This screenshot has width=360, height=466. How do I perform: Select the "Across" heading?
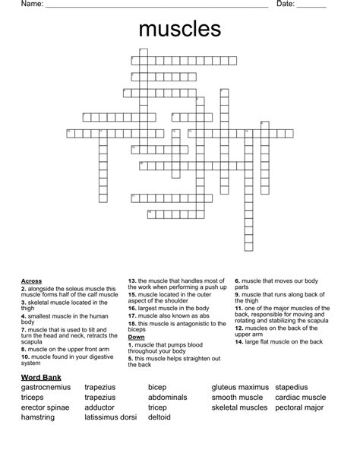tap(31, 281)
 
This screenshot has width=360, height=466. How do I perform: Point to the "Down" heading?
tap(137, 337)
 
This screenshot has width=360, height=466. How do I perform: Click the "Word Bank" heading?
tap(42, 377)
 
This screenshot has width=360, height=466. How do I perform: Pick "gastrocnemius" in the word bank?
tap(46, 388)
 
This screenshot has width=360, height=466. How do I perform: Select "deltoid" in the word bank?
tap(159, 417)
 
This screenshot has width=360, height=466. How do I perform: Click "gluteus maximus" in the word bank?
tap(239, 388)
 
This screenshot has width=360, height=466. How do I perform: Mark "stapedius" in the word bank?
tap(292, 388)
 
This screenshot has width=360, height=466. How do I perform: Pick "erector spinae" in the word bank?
tap(46, 407)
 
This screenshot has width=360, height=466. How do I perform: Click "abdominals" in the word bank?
tap(167, 398)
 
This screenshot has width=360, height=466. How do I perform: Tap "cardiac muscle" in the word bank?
tap(301, 398)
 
